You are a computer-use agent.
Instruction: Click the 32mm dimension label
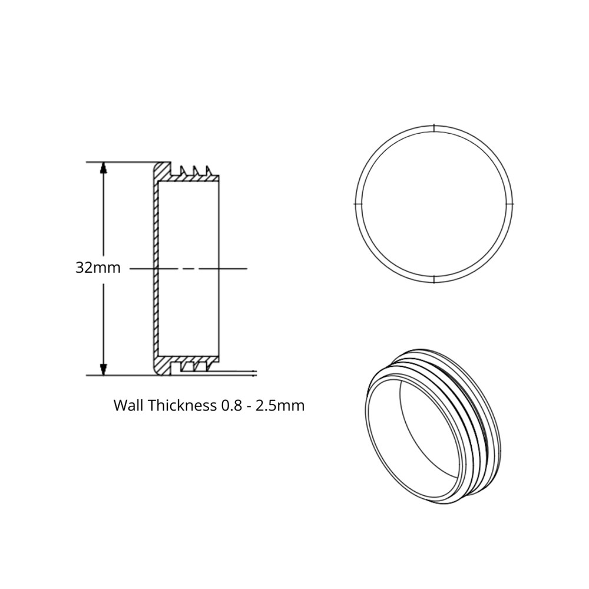98,268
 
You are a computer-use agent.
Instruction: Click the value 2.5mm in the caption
280,406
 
